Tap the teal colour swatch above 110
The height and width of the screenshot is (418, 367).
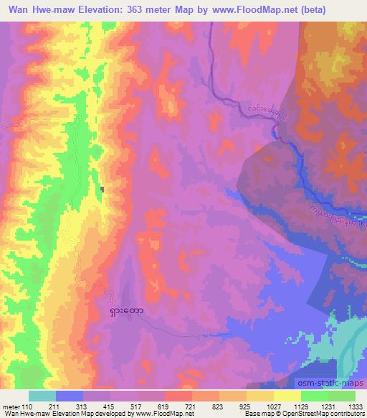pos(42,396)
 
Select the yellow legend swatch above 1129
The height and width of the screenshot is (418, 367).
pos(287,396)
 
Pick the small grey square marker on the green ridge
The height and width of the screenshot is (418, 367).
pos(103,190)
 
